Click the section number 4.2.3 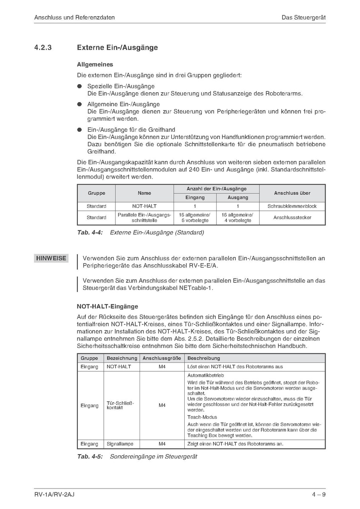click(43, 48)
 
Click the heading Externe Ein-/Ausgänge click(117, 48)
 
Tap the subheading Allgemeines click(95, 65)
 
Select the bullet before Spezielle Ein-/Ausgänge click(79, 86)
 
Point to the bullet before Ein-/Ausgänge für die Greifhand click(79, 130)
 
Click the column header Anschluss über click(292, 193)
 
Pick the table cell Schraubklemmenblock click(292, 206)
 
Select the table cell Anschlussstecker click(292, 217)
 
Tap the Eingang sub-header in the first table click(195, 197)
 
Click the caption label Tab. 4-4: click(90, 233)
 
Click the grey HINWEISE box click(51, 258)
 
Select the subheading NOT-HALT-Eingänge click(107, 306)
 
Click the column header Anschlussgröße click(162, 358)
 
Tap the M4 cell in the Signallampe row click(162, 444)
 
